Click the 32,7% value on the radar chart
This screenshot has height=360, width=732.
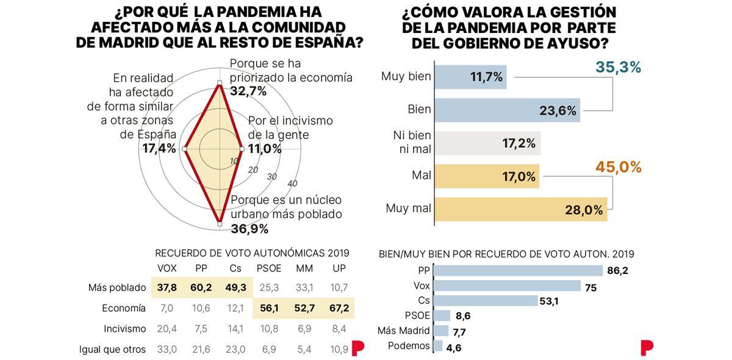[248, 92]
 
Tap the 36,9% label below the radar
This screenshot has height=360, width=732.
[249, 229]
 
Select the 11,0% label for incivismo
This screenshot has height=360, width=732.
[265, 148]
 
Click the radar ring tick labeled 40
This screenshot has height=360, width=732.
[292, 184]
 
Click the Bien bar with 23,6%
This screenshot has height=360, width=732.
[506, 110]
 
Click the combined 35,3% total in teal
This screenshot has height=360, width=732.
[618, 68]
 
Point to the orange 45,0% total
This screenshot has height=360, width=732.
[618, 167]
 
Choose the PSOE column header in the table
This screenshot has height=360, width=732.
[268, 268]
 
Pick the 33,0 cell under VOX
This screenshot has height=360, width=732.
[167, 350]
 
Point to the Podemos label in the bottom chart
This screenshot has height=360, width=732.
[409, 346]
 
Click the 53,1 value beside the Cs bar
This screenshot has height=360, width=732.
[549, 300]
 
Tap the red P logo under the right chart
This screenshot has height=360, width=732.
[647, 348]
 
